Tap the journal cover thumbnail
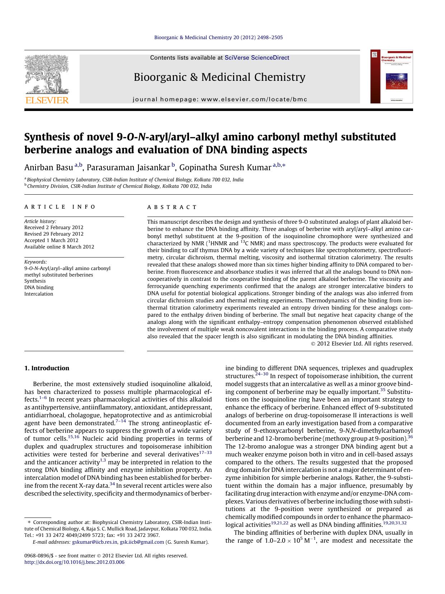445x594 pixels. click(x=392, y=77)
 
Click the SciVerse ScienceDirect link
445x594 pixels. click(x=257, y=58)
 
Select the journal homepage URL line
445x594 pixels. click(x=220, y=99)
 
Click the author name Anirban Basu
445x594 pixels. click(x=48, y=168)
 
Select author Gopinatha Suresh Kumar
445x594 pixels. click(x=225, y=168)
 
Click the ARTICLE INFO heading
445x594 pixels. click(x=60, y=207)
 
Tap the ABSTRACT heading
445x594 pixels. click(x=172, y=207)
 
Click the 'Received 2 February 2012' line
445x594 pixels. click(x=54, y=227)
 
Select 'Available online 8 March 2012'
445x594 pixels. click(x=59, y=247)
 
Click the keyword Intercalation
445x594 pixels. click(x=38, y=294)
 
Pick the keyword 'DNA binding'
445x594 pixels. click(x=39, y=287)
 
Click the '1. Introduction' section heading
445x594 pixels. click(x=47, y=368)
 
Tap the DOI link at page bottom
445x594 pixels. click(x=74, y=562)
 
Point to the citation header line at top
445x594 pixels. click(x=218, y=37)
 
